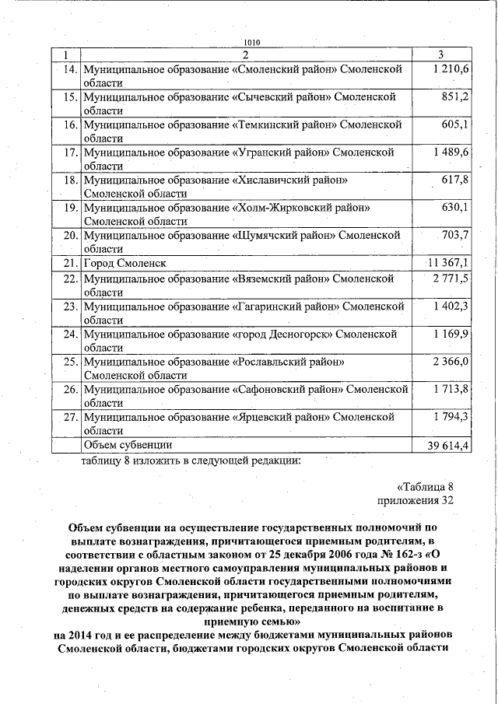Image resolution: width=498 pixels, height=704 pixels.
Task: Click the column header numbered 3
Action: click(x=441, y=54)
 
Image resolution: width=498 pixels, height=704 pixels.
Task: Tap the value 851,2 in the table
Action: click(x=454, y=97)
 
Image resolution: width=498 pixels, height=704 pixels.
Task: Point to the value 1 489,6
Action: click(x=451, y=152)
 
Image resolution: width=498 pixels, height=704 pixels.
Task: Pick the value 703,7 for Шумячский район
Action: click(x=454, y=234)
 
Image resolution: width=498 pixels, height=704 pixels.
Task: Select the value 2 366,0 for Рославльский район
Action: click(x=451, y=361)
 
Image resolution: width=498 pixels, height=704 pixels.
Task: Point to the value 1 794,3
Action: click(x=451, y=416)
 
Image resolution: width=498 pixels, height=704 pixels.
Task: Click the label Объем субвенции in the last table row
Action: click(x=128, y=444)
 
